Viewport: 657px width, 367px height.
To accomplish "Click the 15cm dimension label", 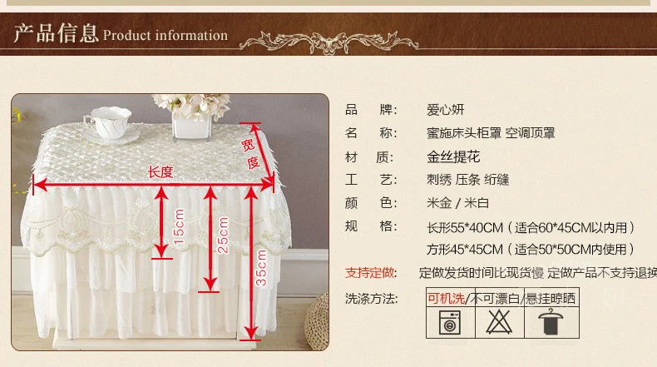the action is pos(179,226).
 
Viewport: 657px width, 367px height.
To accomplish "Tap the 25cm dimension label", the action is pos(224,235).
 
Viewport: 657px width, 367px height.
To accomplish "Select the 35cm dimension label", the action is pos(261,268).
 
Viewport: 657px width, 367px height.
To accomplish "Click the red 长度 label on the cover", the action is pos(161,171).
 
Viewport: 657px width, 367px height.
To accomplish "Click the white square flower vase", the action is pos(191,125).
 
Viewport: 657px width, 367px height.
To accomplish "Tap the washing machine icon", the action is pos(450,323).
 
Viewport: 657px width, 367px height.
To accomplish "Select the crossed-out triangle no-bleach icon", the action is pos(499,322).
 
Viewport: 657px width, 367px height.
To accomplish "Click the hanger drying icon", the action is pos(551,322).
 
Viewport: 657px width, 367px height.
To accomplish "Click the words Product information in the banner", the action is pos(165,35).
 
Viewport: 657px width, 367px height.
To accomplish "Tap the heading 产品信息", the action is pos(56,33).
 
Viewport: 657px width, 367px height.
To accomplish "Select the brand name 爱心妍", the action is pos(446,110).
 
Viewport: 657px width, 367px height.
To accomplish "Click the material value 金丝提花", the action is pos(453,156).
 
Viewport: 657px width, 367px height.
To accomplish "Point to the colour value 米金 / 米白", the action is pos(457,203).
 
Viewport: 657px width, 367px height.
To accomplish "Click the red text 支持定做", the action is pos(370,273).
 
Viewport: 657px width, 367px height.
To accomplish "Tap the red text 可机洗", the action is pos(447,299).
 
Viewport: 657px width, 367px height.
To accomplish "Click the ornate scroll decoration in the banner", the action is pos(329,42).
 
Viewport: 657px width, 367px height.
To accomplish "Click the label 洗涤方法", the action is pos(371,299).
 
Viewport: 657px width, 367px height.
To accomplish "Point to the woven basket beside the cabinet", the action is pos(317,322).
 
